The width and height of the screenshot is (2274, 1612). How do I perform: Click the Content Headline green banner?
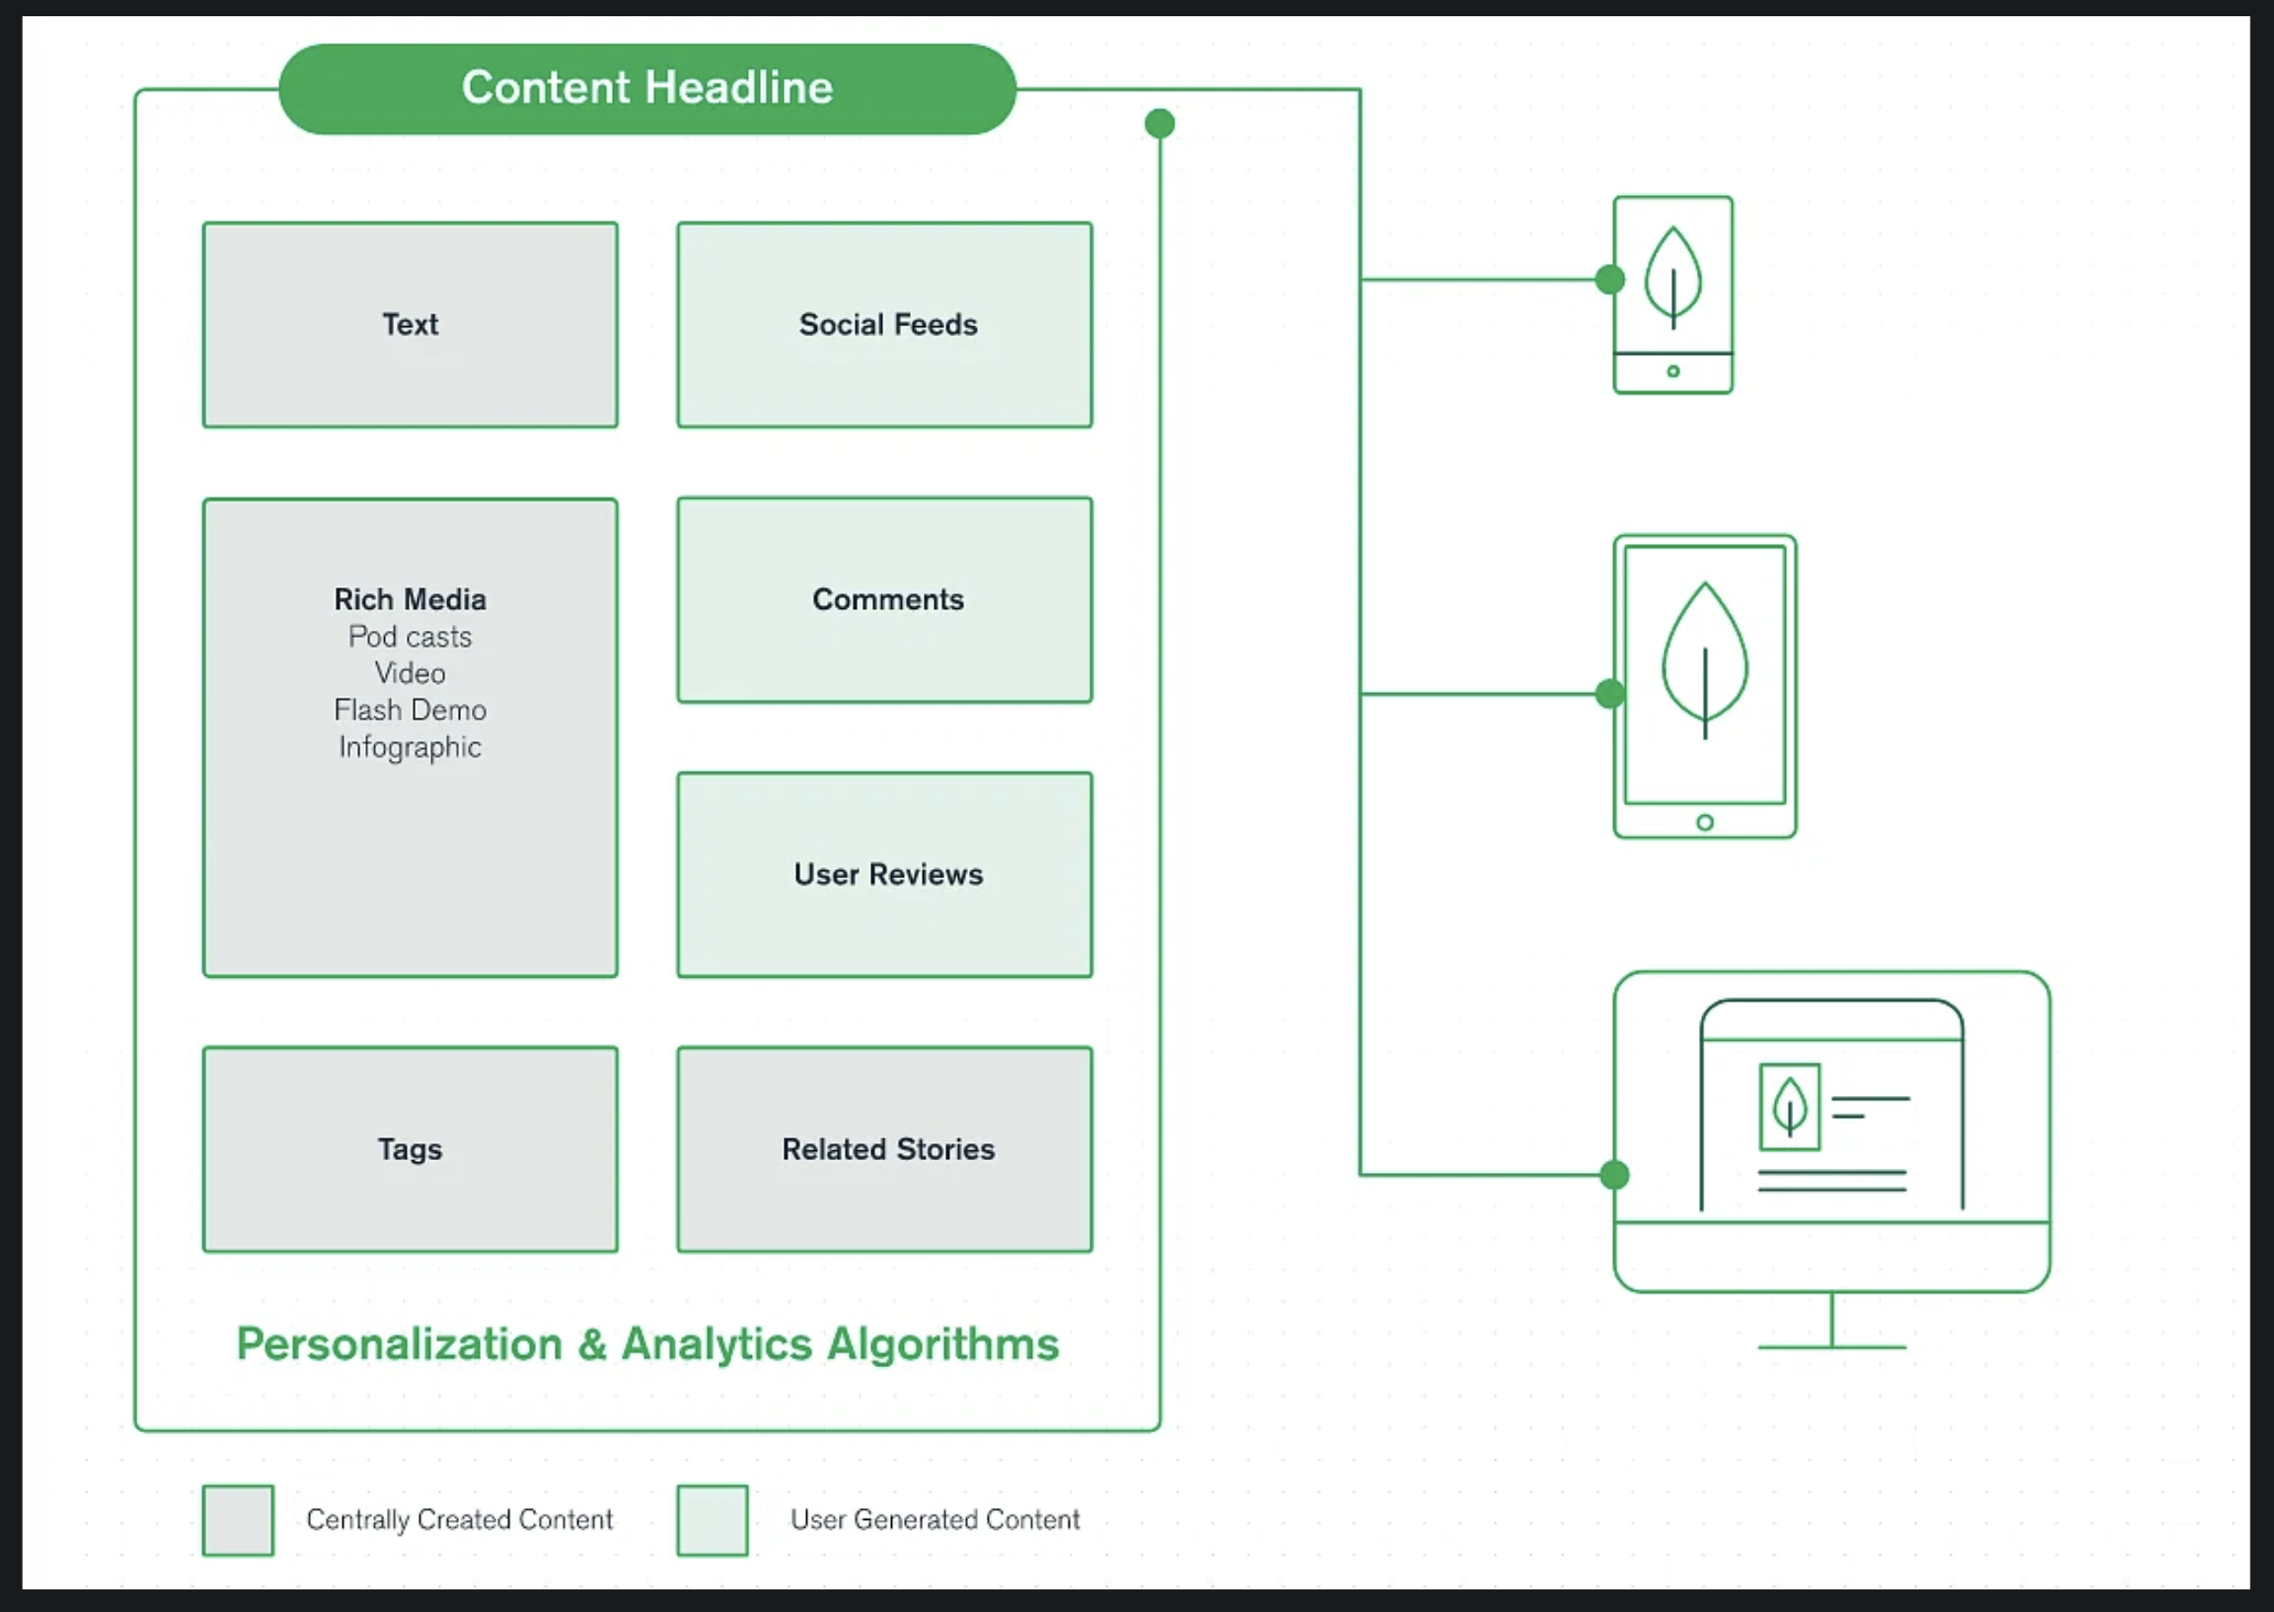pos(647,89)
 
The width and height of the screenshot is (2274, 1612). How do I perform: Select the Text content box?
pos(410,324)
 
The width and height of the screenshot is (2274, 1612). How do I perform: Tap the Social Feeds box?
pos(885,324)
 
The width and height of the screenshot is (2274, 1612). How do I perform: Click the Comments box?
pos(885,600)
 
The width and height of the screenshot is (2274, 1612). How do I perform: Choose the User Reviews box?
pos(885,875)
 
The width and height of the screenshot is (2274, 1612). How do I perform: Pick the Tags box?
pos(410,1149)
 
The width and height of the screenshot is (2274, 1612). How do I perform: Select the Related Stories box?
pos(885,1149)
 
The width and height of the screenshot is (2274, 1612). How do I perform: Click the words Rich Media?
pos(410,600)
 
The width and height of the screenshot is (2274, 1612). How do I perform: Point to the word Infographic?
pos(410,746)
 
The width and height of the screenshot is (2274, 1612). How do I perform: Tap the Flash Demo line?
pos(410,709)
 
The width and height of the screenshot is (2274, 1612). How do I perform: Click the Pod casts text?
pos(410,636)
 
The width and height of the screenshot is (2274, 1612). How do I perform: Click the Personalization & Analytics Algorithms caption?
pos(647,1344)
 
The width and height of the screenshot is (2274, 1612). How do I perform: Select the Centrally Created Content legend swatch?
pos(239,1520)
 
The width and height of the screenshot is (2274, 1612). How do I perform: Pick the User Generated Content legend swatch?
pos(713,1520)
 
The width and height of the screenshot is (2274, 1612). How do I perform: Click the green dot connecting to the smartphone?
pos(1610,280)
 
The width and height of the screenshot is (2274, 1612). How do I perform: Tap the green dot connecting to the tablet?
pos(1610,694)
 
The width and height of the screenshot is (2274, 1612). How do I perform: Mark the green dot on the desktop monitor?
pos(1615,1176)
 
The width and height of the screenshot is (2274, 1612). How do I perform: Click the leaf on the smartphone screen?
pos(1674,276)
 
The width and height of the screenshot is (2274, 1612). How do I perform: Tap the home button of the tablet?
pos(1705,822)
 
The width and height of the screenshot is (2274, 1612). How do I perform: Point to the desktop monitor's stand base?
pos(1831,1347)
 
